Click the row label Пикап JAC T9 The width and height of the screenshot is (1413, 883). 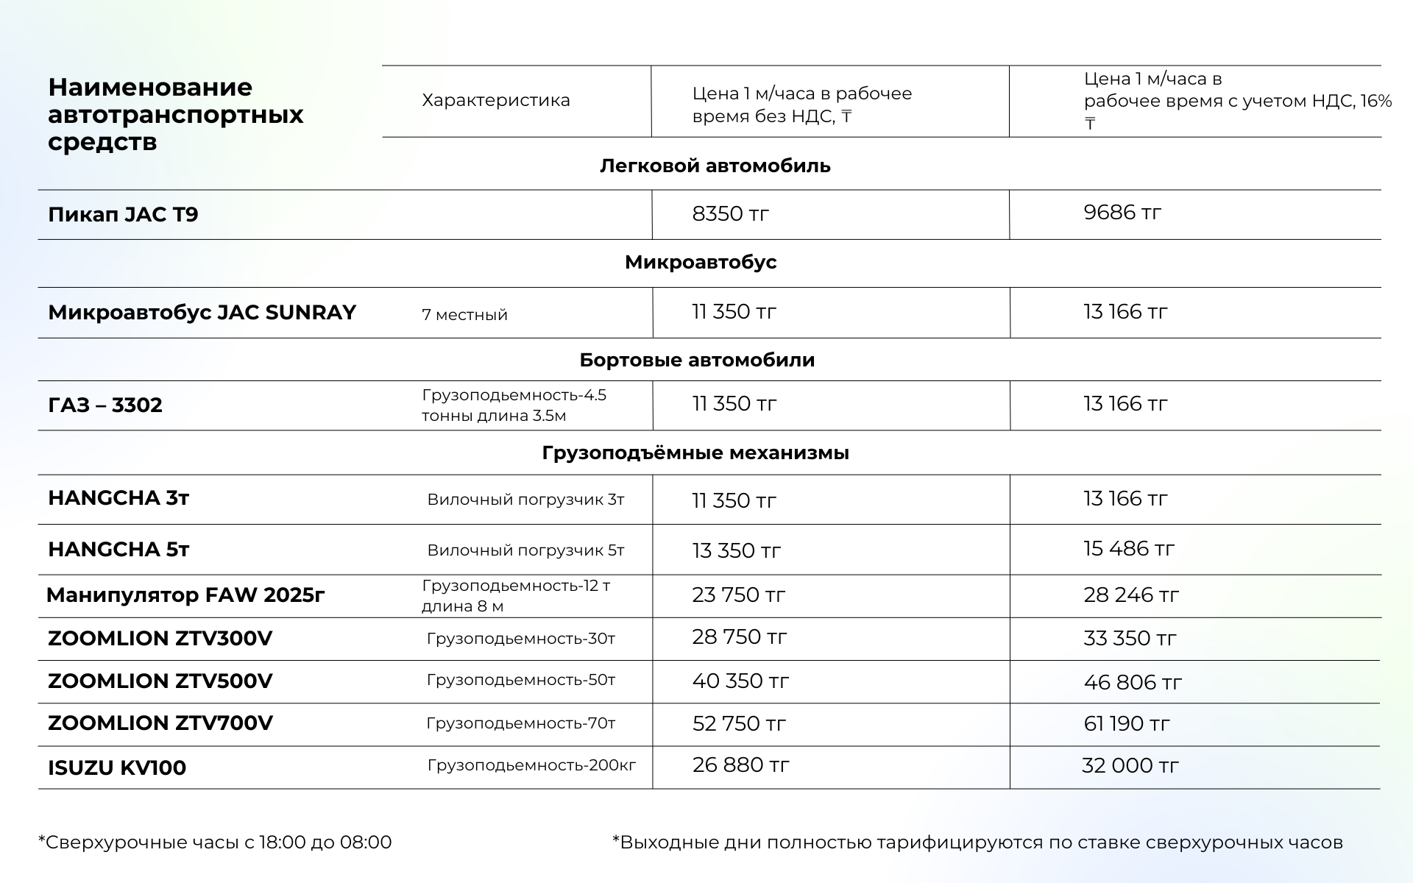coord(123,215)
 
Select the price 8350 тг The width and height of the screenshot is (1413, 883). coord(730,214)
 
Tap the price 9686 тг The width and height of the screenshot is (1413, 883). coord(1122,213)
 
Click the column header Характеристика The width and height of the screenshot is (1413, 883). coord(495,100)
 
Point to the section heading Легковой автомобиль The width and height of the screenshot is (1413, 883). coord(715,166)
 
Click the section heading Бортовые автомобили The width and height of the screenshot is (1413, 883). coord(697,360)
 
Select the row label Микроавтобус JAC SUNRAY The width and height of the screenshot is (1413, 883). coord(202,313)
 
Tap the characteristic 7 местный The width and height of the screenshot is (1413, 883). coord(464,315)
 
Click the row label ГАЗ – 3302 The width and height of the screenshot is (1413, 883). coord(105,405)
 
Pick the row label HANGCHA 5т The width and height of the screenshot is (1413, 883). coord(118,550)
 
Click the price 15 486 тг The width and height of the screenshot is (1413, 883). coord(1128,549)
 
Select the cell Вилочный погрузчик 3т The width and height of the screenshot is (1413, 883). coord(525,500)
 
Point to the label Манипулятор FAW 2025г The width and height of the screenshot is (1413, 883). coord(185,595)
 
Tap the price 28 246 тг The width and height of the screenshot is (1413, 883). coord(1130,595)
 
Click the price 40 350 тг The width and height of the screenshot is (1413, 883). coord(740,681)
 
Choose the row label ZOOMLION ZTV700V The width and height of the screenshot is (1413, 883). coord(160,723)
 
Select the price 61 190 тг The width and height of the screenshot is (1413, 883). coord(1126,724)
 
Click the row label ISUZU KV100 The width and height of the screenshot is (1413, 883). coord(117,767)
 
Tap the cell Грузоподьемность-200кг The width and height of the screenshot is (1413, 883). coord(531,765)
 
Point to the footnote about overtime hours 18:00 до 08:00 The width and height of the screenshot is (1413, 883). coord(215,843)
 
